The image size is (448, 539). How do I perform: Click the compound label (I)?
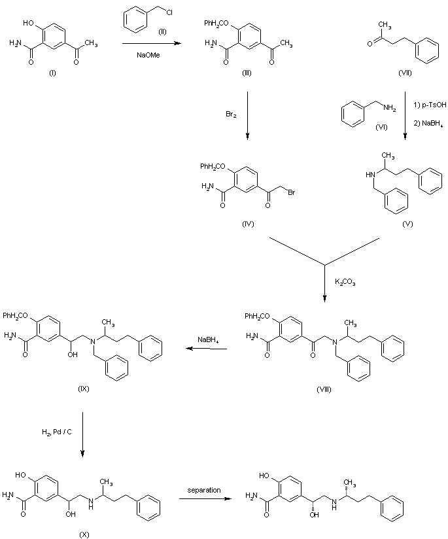52,72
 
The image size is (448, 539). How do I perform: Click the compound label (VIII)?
324,389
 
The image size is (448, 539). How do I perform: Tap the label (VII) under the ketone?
405,72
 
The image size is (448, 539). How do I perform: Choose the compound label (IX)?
83,389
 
